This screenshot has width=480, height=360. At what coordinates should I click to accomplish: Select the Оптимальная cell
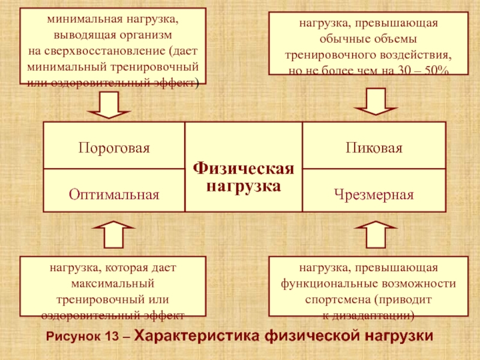(114, 194)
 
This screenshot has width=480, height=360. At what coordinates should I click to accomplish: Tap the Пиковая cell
(374, 147)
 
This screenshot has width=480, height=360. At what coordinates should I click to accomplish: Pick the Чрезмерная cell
(374, 194)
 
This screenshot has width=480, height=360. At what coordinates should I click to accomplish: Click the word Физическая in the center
(244, 169)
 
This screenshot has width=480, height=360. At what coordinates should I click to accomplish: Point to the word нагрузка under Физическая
(244, 185)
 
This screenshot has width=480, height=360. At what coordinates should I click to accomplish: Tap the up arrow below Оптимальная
(114, 235)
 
